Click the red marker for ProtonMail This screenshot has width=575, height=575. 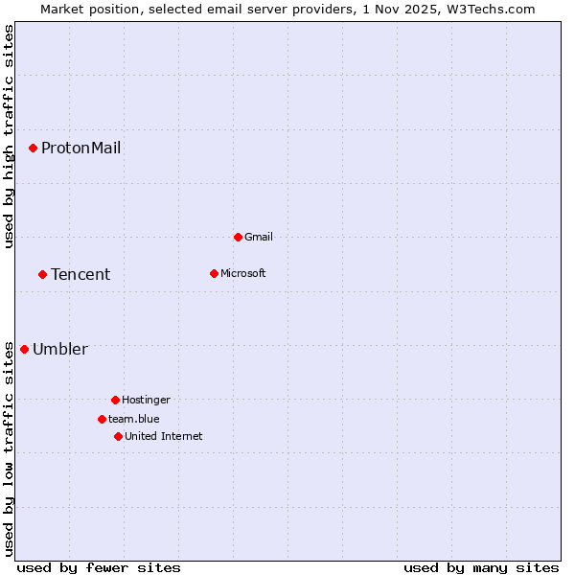point(33,148)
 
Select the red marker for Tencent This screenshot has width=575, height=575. point(42,274)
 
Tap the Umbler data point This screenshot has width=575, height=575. point(24,349)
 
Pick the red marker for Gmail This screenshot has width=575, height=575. point(238,237)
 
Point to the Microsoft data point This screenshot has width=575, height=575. point(214,273)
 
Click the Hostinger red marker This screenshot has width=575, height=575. point(115,400)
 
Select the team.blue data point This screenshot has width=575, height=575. point(102,419)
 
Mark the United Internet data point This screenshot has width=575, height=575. point(118,436)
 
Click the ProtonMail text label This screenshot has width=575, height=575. point(80,148)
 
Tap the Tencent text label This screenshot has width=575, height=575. point(80,274)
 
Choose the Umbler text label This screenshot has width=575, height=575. point(59,349)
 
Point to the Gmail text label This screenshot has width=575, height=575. point(259,237)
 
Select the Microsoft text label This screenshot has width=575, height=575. point(242,273)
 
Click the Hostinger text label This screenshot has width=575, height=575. point(146,400)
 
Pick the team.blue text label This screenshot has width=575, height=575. point(133,419)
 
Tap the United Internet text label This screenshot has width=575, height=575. point(163,436)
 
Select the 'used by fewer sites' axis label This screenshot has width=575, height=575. point(99,567)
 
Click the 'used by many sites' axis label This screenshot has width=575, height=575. point(481,567)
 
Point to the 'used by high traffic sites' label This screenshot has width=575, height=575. point(9,136)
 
